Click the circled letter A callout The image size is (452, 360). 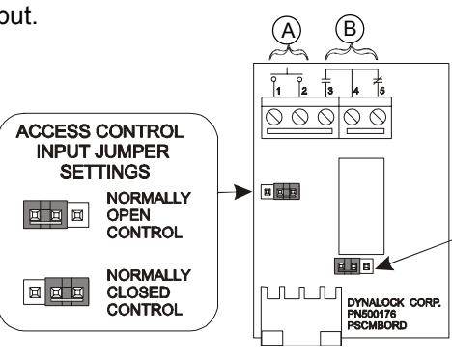pyautogui.click(x=287, y=31)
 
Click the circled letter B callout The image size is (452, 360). pyautogui.click(x=350, y=29)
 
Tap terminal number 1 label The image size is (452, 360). pyautogui.click(x=278, y=91)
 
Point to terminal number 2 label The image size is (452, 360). pyautogui.click(x=304, y=91)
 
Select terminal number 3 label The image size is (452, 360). pyautogui.click(x=330, y=91)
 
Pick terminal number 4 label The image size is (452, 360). pyautogui.click(x=356, y=91)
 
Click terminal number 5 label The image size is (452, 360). pyautogui.click(x=381, y=91)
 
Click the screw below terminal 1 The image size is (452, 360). pyautogui.click(x=274, y=117)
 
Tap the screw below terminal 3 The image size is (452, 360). pyautogui.click(x=325, y=117)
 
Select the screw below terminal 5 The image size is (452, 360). pyautogui.click(x=378, y=117)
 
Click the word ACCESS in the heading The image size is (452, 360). pyautogui.click(x=53, y=131)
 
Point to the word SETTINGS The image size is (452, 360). pyautogui.click(x=105, y=172)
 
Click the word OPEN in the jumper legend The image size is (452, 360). pyautogui.click(x=128, y=215)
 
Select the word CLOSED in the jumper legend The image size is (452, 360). pyautogui.click(x=138, y=292)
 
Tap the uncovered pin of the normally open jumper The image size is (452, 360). pyautogui.click(x=77, y=215)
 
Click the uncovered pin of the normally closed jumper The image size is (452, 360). pyautogui.click(x=34, y=292)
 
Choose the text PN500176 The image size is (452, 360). pyautogui.click(x=372, y=314)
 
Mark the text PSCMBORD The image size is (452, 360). pyautogui.click(x=377, y=325)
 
